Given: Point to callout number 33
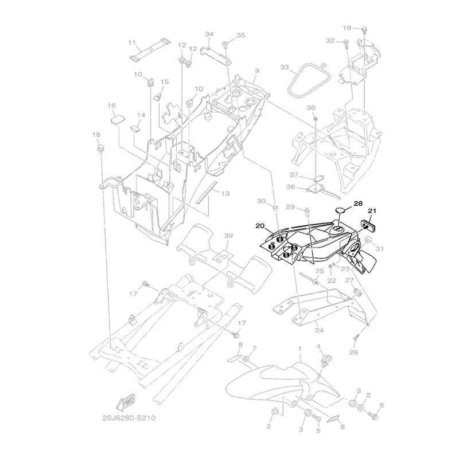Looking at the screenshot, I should pyautogui.click(x=284, y=68).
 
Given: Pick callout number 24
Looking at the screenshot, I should pyautogui.click(x=318, y=331).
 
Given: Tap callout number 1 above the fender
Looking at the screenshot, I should pyautogui.click(x=299, y=349).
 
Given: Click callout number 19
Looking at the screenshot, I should pyautogui.click(x=347, y=28).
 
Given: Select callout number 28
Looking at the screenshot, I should pyautogui.click(x=358, y=203).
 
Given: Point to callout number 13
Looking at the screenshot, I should pyautogui.click(x=225, y=194).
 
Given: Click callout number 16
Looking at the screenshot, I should pyautogui.click(x=111, y=106).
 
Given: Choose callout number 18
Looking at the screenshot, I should pyautogui.click(x=96, y=134).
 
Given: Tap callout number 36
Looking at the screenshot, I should pyautogui.click(x=291, y=186).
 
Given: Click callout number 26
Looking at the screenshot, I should pyautogui.click(x=353, y=352).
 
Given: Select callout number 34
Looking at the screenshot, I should pyautogui.click(x=209, y=34).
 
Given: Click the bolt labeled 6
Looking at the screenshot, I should pyautogui.click(x=376, y=413).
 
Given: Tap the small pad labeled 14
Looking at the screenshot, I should pyautogui.click(x=136, y=128).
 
